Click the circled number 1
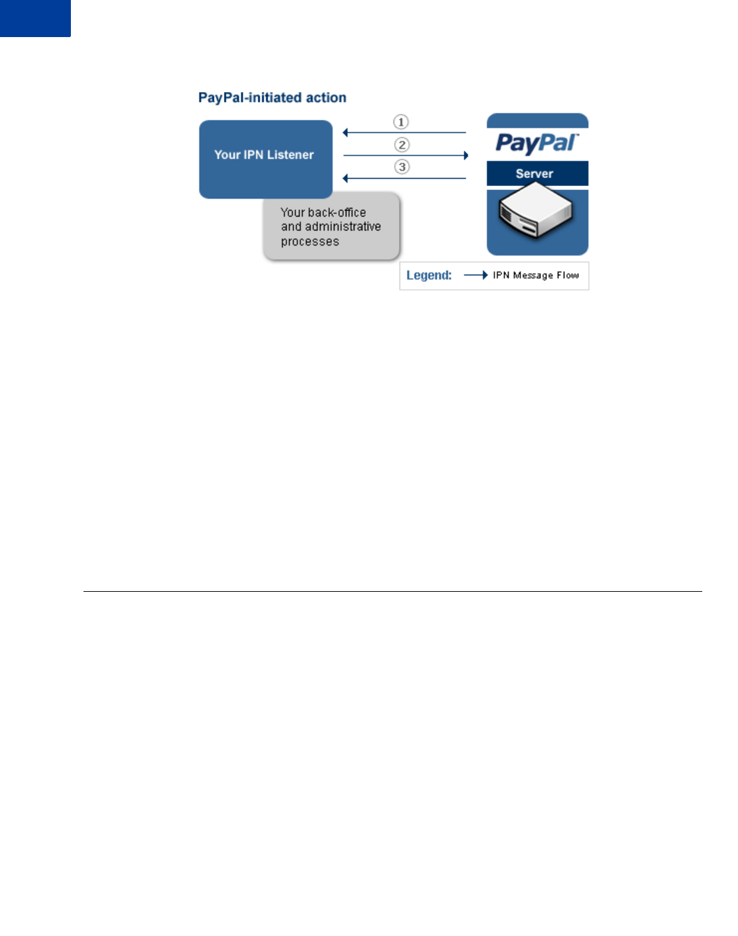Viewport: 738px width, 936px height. [401, 122]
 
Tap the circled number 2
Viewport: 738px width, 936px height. [401, 144]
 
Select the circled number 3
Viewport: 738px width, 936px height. [401, 167]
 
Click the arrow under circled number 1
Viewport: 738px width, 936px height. [405, 132]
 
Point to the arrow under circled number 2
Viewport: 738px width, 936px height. [405, 156]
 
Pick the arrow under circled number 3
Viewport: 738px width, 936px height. [405, 178]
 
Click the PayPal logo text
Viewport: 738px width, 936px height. [537, 142]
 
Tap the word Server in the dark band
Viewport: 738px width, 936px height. [535, 174]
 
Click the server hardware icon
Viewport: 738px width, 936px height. [536, 211]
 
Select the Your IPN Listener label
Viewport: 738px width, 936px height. [264, 155]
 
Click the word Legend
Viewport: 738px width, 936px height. [429, 275]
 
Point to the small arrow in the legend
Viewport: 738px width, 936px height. [476, 275]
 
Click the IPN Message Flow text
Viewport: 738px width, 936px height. [536, 275]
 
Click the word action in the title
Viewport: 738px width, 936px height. [326, 98]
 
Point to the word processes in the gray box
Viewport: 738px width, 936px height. [309, 242]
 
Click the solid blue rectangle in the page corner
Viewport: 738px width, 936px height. [35, 18]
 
